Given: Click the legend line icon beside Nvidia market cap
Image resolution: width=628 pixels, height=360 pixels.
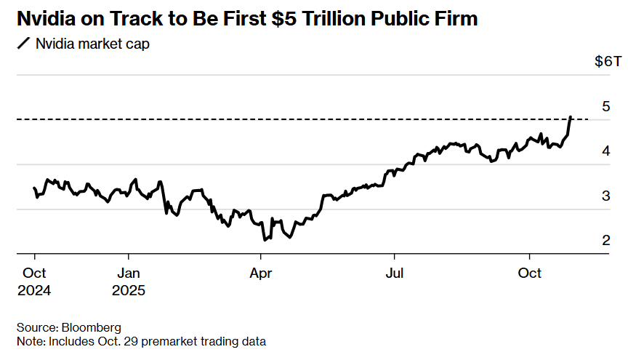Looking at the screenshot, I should [x=24, y=44].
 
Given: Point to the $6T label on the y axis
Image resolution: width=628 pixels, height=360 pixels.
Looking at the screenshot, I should [x=608, y=61].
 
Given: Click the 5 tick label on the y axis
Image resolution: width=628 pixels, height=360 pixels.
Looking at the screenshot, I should [x=605, y=106].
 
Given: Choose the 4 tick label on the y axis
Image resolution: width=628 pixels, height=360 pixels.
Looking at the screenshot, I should [x=605, y=151].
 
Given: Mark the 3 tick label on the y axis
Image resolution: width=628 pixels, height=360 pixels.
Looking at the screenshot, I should [x=605, y=196].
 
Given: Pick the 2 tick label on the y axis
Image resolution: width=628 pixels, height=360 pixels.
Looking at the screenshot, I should [x=605, y=240].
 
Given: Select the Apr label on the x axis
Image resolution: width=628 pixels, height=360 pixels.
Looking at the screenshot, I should [x=260, y=273].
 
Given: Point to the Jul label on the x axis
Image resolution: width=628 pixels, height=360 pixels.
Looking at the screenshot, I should [x=394, y=273].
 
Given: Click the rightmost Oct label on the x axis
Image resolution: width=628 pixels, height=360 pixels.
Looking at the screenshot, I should [x=529, y=273].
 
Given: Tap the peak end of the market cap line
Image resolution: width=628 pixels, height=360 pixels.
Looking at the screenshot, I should [x=571, y=116].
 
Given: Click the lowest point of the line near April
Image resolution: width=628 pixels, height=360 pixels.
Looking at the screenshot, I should [x=265, y=239].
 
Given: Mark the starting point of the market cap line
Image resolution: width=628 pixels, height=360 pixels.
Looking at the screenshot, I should [x=34, y=188].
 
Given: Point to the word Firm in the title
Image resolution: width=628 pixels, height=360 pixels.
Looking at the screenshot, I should [x=456, y=19].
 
